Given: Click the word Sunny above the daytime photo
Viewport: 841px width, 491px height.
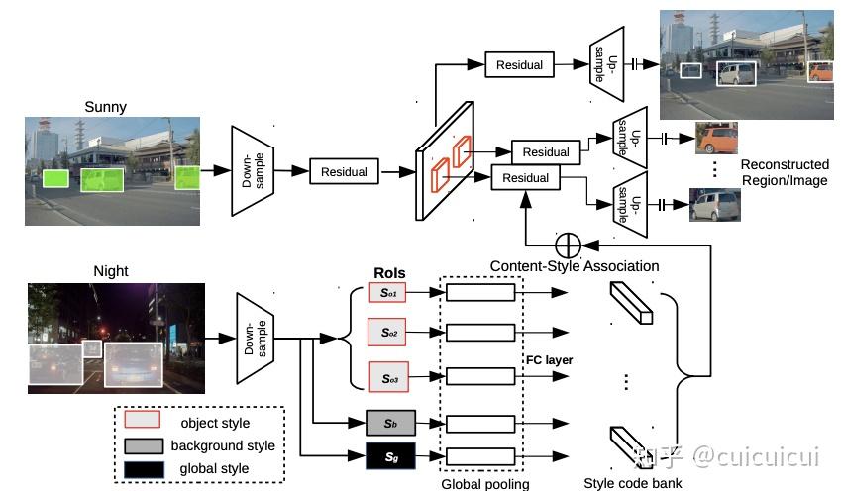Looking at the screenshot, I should pos(106,107).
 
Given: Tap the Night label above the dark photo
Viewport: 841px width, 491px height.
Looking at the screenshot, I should pos(111,271).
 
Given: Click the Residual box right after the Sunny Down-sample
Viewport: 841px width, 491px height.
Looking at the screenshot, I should pos(344,171).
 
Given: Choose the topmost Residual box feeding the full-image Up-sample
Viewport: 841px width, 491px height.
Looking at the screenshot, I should pos(520,65).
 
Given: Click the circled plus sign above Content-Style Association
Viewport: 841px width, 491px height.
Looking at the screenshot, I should pos(568,244).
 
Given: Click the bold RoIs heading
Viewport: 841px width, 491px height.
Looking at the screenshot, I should pos(389,273).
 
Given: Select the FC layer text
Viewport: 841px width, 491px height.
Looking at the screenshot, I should pos(550,360).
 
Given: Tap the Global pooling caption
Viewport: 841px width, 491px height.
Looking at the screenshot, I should pos(484,484).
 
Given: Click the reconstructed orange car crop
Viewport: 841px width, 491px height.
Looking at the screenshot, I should pos(717,139).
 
